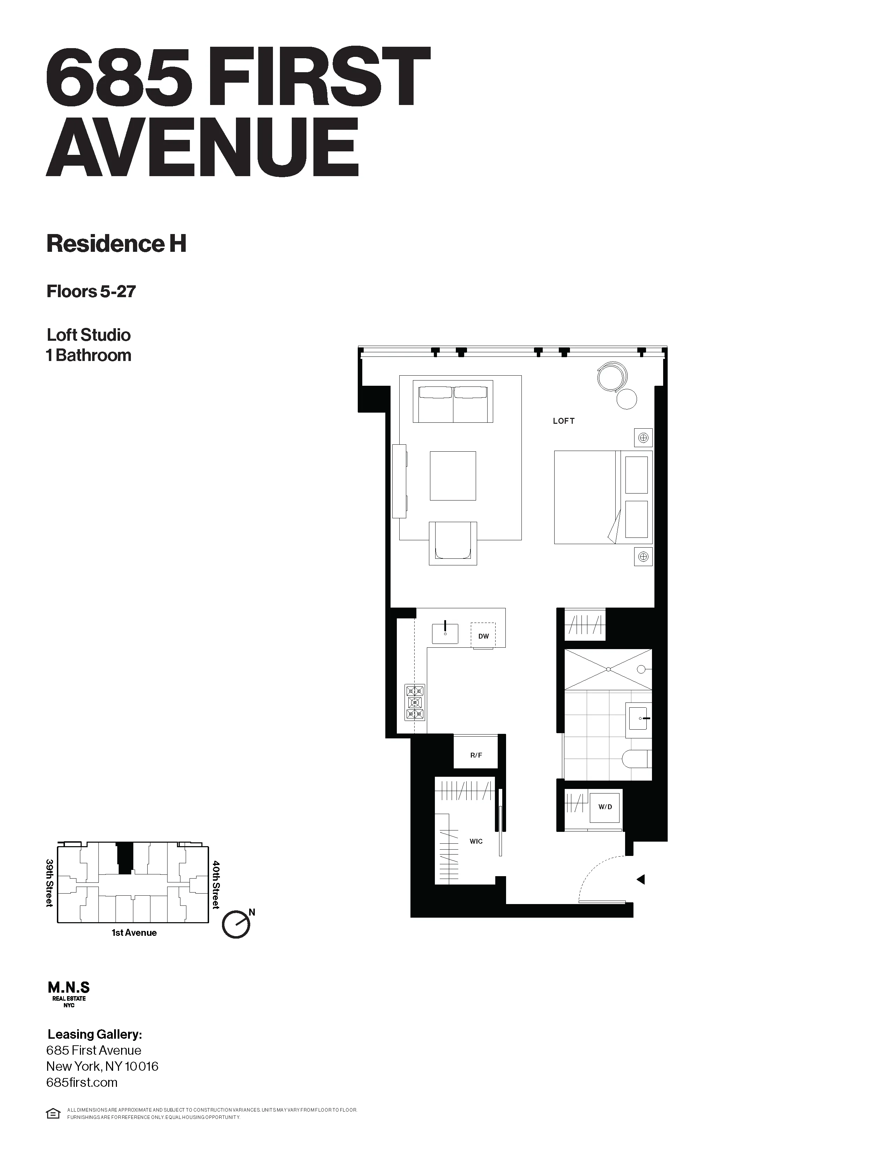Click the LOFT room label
tap(563, 421)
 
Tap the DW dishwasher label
tap(483, 636)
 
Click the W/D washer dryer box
tap(605, 806)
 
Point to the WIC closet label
tap(476, 841)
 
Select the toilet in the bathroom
tap(636, 759)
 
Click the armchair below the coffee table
tap(452, 543)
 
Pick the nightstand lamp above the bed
tap(643, 437)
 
